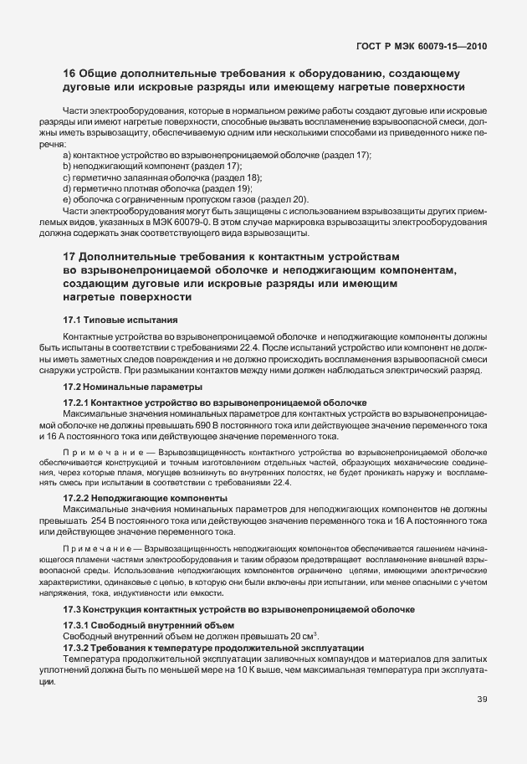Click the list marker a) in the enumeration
67,156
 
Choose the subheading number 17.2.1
79,403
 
